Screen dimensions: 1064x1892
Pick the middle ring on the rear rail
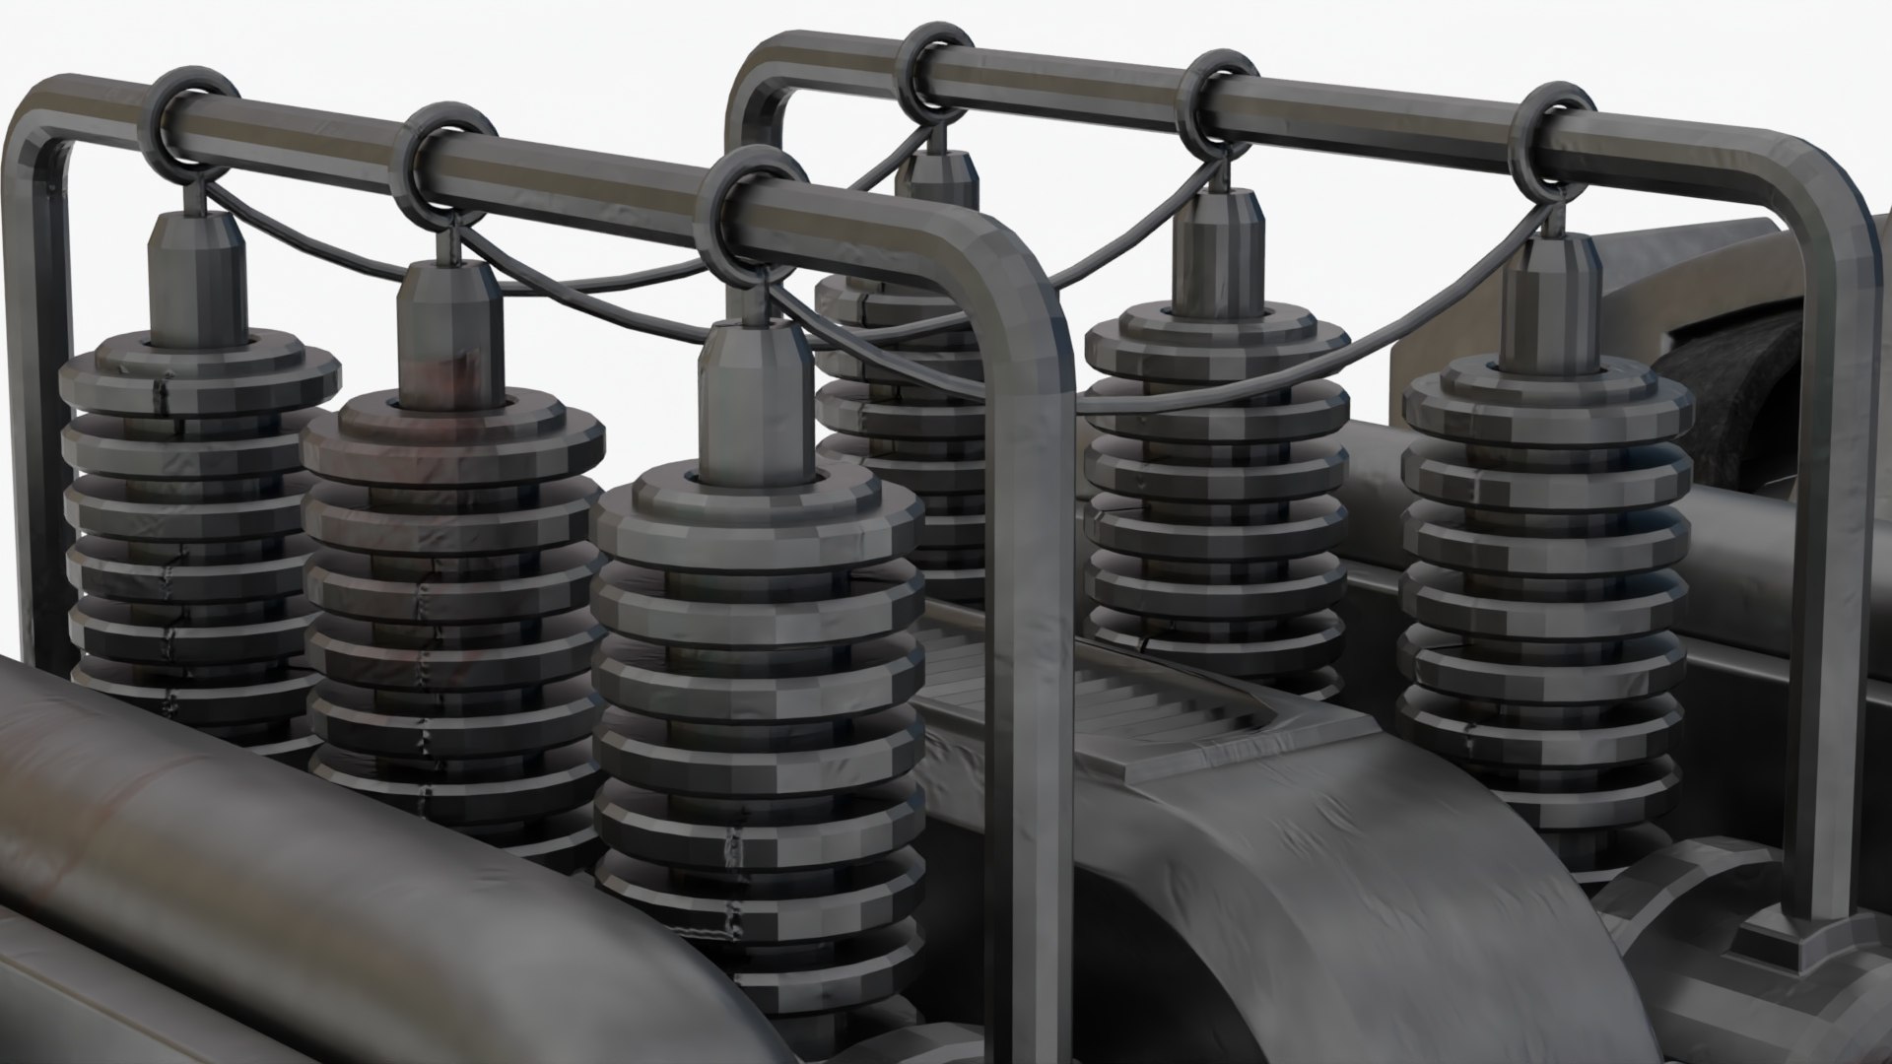(1220, 99)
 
